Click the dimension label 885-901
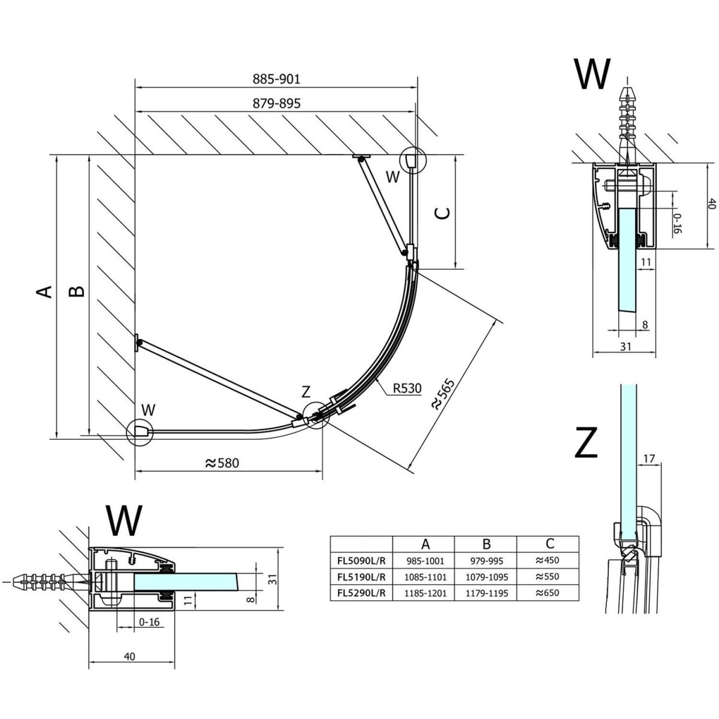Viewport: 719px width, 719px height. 276,79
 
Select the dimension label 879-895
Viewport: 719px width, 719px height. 276,104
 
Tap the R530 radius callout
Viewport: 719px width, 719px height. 407,388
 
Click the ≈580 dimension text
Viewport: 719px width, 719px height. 221,463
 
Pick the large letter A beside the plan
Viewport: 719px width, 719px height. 44,292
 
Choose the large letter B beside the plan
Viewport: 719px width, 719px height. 76,292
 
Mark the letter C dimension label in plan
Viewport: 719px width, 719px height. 442,213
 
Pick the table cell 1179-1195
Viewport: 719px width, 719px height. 486,594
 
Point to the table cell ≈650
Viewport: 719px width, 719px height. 548,594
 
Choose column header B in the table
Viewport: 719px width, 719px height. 486,544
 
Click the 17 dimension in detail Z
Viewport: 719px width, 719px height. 648,459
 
